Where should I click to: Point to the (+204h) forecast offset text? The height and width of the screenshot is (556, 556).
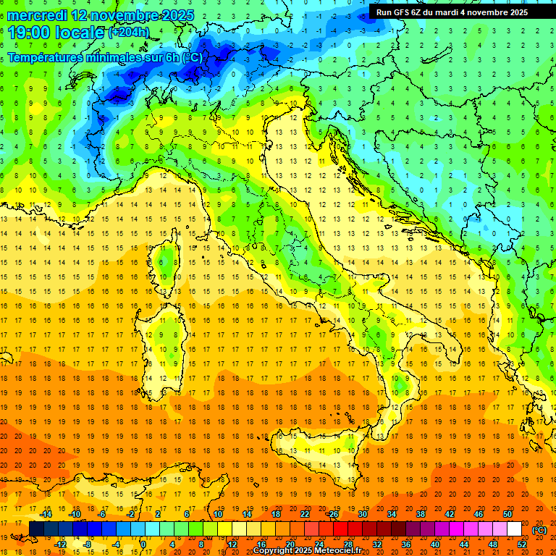pos(129,33)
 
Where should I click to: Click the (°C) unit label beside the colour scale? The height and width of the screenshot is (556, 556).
pos(539,530)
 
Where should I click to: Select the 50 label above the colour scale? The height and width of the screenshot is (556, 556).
pos(507,514)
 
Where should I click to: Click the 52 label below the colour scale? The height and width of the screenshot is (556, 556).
pos(522,544)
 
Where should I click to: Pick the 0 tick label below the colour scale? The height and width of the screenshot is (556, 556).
pos(143,544)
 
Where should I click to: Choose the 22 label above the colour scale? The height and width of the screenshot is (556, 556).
pos(305,514)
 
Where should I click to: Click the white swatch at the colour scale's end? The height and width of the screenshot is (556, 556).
pos(514,529)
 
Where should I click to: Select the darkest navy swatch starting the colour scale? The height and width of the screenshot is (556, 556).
pos(36,529)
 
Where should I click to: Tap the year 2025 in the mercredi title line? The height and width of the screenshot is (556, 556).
pos(163,15)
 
